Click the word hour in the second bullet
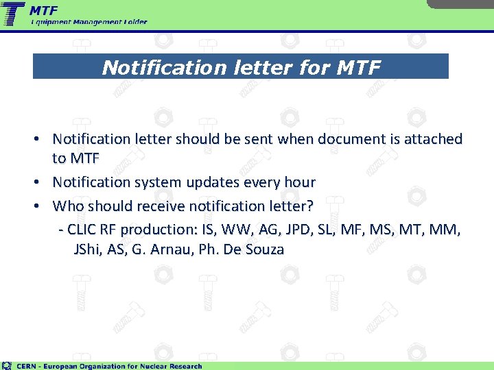click(x=300, y=182)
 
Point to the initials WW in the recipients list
click(x=237, y=228)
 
